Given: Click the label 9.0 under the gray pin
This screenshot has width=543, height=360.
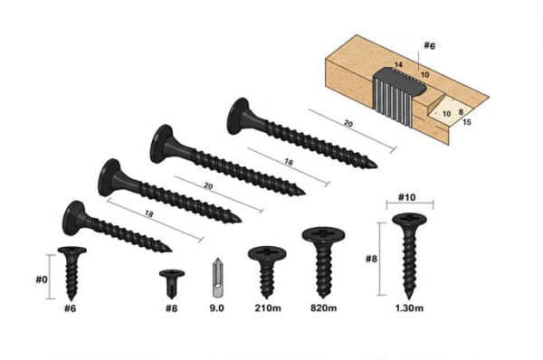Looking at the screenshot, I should click(216, 309).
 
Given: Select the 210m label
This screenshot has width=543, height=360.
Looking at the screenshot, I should click(267, 309).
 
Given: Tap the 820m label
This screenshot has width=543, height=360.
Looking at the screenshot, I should click(324, 309).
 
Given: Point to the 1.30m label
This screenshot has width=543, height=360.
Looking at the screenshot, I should click(409, 309).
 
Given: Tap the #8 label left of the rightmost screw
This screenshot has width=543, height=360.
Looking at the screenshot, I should click(371, 259).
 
